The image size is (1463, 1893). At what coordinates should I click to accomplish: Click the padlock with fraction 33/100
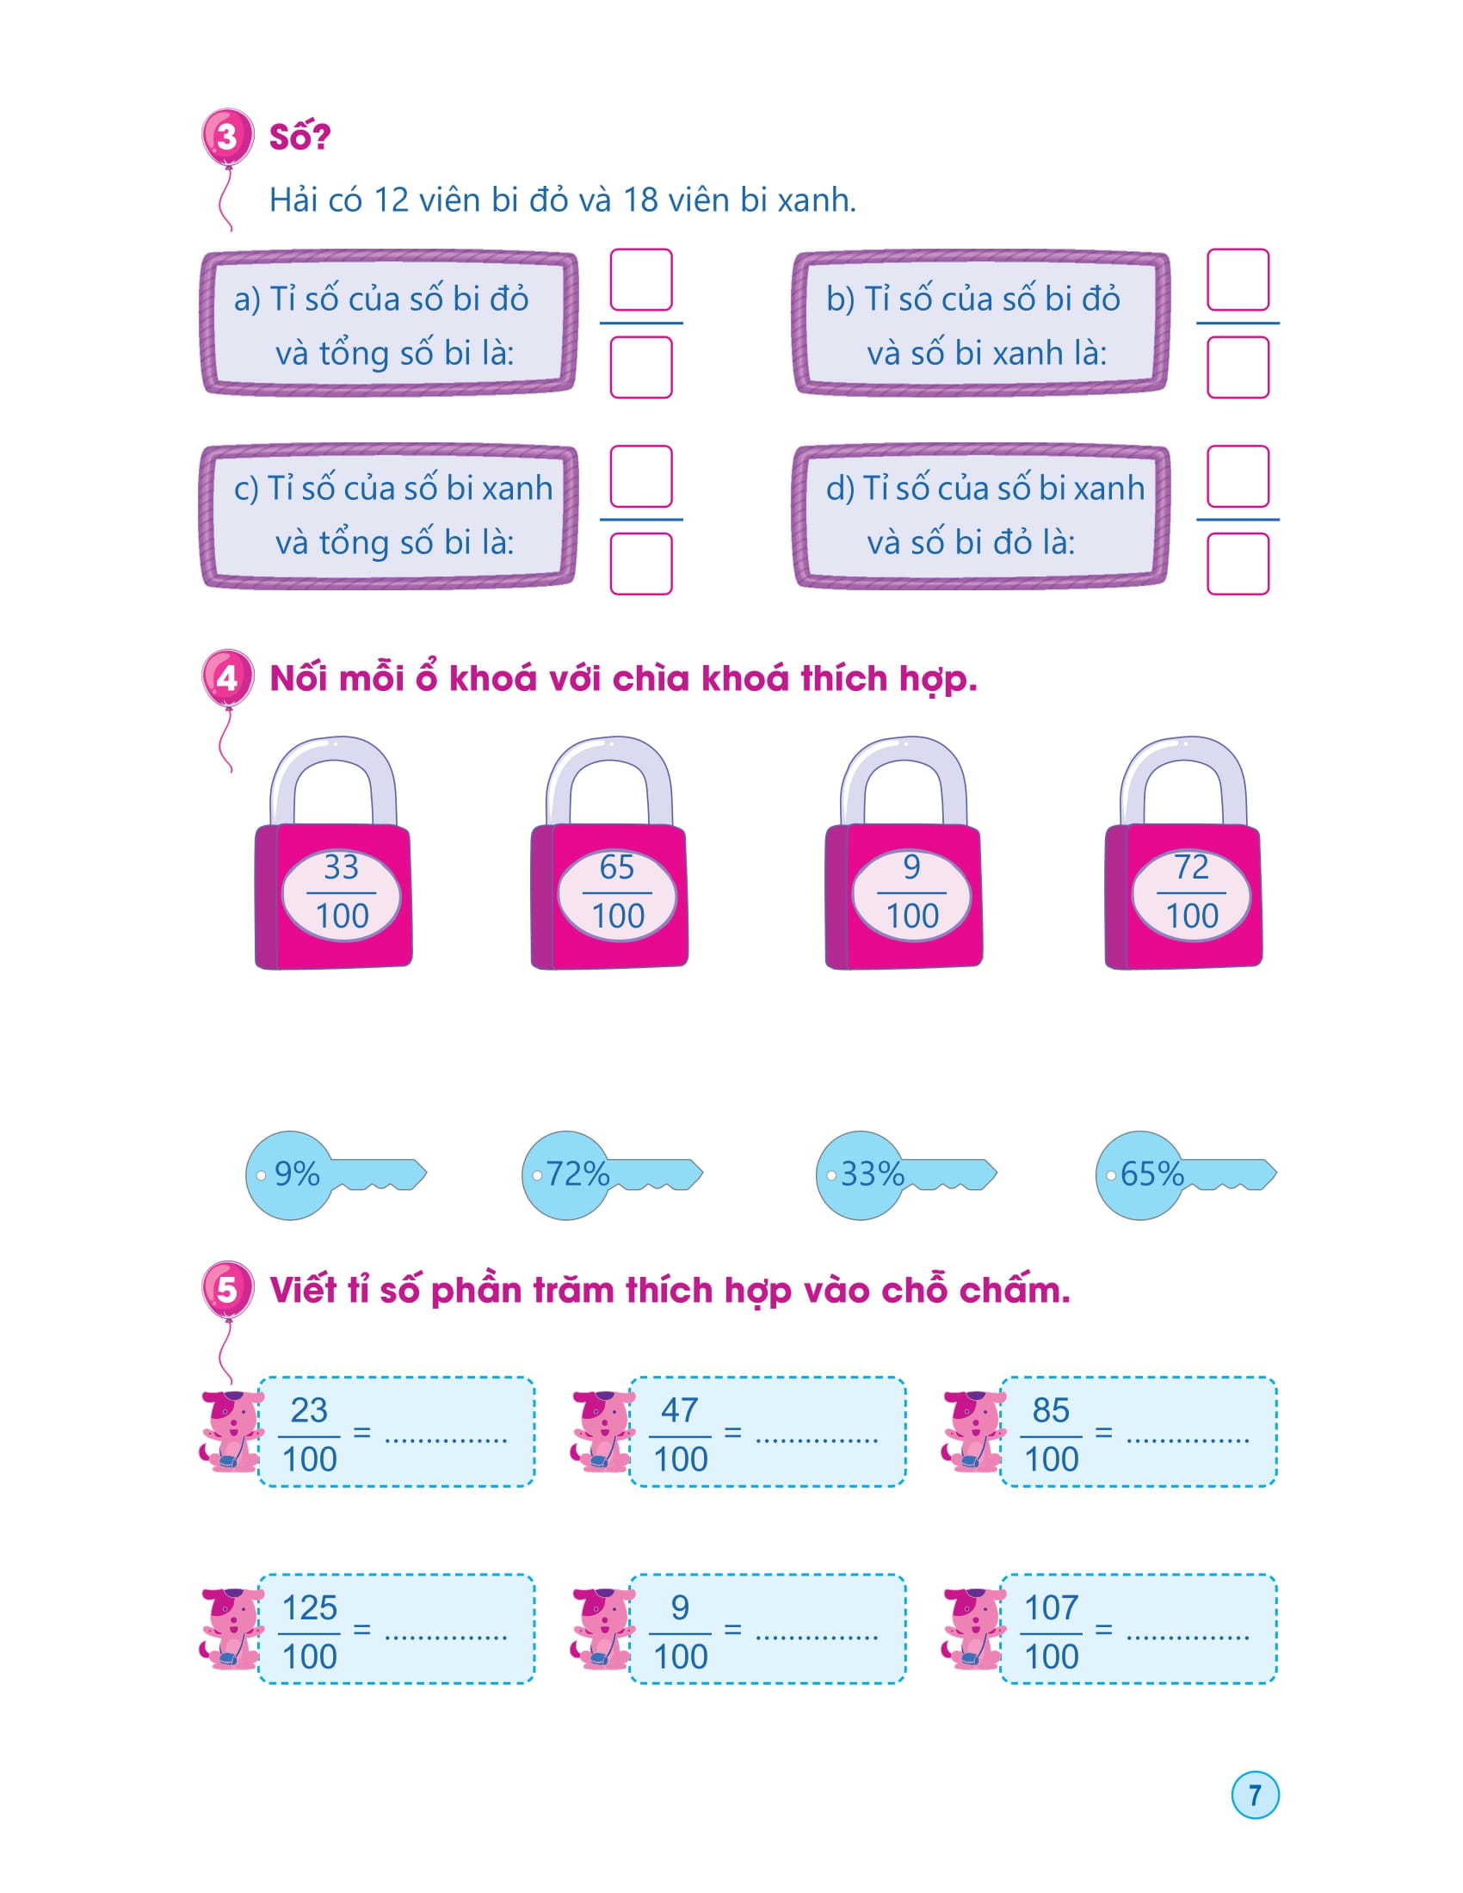(x=335, y=893)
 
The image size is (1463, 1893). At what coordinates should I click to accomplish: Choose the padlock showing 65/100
(x=610, y=893)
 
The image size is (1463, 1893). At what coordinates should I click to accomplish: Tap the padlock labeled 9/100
(x=904, y=893)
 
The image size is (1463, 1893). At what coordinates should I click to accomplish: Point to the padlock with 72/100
(x=1184, y=893)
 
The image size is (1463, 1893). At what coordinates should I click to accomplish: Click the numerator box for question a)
(x=641, y=280)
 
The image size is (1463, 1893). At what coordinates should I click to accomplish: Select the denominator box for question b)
(x=1238, y=367)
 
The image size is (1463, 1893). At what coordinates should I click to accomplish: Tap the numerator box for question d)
(x=1238, y=477)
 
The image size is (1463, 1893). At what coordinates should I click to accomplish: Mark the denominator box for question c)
(x=641, y=564)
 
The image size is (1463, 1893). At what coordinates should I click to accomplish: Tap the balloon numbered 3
(x=227, y=136)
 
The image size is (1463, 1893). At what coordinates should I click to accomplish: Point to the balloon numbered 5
(x=227, y=1289)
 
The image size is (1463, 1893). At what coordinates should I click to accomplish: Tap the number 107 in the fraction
(x=1052, y=1608)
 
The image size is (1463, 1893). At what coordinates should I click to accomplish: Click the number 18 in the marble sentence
(x=640, y=200)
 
